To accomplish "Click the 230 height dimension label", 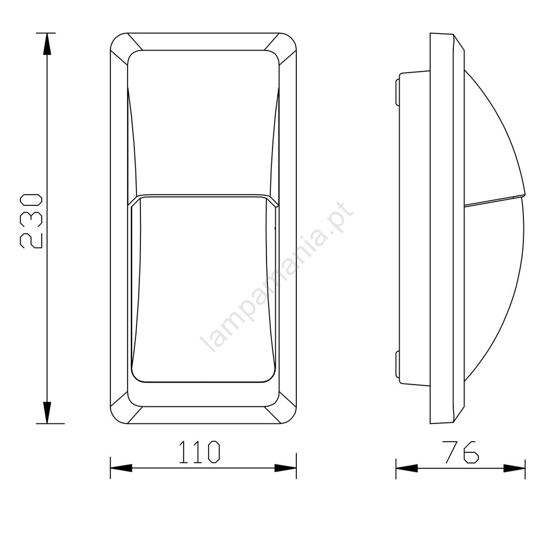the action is pos(31,221).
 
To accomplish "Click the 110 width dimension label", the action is pos(199,452).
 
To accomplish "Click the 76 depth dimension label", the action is pos(462,452).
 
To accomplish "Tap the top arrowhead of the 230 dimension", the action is pos(47,44).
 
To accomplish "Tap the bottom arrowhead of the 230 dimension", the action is pos(47,412).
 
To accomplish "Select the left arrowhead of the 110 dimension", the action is pos(121,468).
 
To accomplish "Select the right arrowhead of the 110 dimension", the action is pos(285,468).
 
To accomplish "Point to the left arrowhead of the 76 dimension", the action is pos(407,468).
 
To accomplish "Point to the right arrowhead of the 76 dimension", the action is pos(514,468).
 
